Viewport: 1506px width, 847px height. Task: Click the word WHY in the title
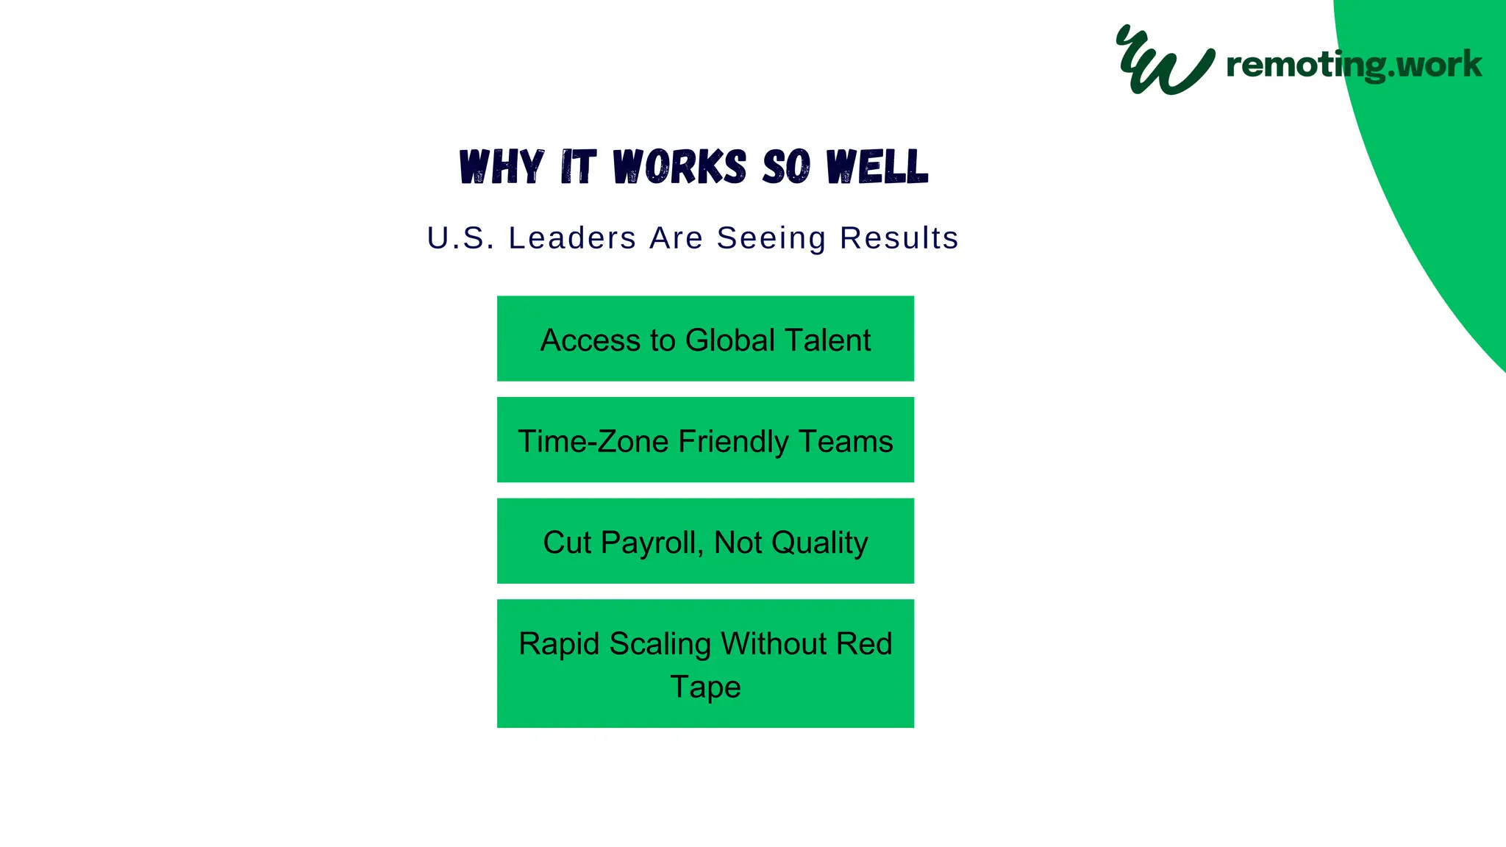(x=502, y=167)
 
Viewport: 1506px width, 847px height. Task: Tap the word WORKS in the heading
(x=679, y=167)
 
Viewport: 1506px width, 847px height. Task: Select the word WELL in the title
(x=877, y=167)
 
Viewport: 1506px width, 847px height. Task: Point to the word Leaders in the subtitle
(x=572, y=238)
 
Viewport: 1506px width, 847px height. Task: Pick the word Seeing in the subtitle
(x=771, y=238)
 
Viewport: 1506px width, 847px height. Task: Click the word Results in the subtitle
(x=899, y=238)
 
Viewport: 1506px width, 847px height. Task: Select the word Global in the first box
(x=729, y=340)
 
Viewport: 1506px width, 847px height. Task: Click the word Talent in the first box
(x=827, y=340)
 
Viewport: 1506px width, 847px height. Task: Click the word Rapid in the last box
(x=559, y=644)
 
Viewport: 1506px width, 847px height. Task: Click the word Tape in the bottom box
(x=705, y=687)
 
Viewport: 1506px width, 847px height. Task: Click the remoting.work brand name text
(x=1354, y=65)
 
